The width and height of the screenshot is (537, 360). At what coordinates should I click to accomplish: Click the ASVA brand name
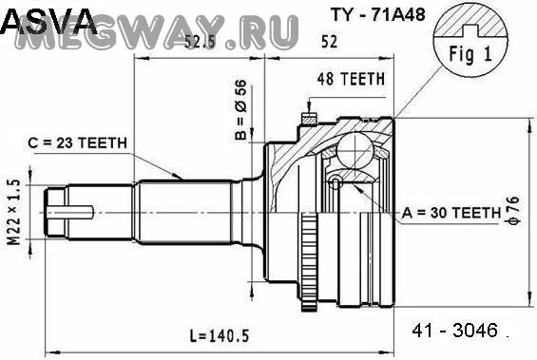pyautogui.click(x=48, y=21)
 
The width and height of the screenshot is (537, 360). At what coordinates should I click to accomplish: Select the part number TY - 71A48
pyautogui.click(x=377, y=14)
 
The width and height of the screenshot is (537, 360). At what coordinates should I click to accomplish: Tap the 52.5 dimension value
pyautogui.click(x=200, y=42)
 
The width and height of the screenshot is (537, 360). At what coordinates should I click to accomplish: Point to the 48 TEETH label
pyautogui.click(x=351, y=79)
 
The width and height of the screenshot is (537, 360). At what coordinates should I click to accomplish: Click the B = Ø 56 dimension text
pyautogui.click(x=240, y=110)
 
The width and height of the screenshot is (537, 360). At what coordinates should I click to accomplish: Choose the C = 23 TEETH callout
pyautogui.click(x=77, y=142)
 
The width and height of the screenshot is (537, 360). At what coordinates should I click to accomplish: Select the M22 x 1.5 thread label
pyautogui.click(x=14, y=212)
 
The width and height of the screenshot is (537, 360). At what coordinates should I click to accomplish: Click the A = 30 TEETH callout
pyautogui.click(x=451, y=213)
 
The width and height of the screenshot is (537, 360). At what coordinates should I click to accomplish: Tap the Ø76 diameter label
pyautogui.click(x=514, y=211)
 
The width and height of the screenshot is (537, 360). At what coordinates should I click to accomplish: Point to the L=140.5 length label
pyautogui.click(x=220, y=335)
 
